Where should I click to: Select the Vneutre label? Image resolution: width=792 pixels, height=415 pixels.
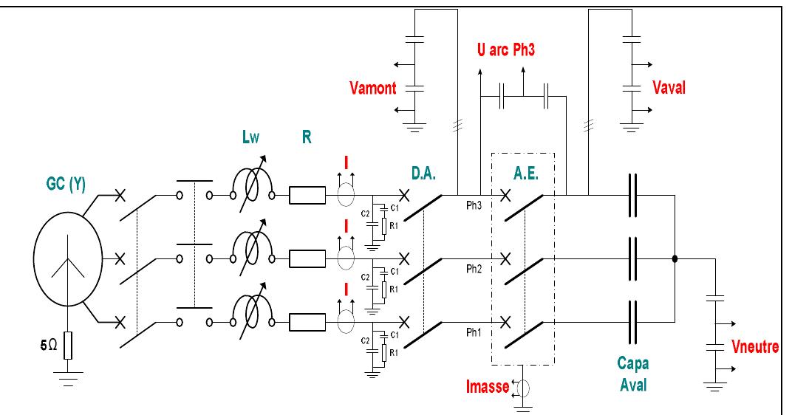(x=754, y=347)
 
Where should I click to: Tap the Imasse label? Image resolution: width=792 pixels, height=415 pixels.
(x=485, y=385)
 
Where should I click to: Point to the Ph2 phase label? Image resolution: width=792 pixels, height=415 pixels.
(x=473, y=270)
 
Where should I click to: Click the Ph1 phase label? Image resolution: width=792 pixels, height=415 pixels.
(x=473, y=332)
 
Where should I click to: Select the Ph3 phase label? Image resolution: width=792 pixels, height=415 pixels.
(x=473, y=207)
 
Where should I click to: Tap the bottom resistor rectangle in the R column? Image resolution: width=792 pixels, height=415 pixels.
(x=307, y=321)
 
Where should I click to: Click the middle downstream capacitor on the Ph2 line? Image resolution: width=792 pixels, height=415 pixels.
(x=631, y=258)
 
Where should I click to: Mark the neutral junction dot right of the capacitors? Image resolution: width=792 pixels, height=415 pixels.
(x=675, y=258)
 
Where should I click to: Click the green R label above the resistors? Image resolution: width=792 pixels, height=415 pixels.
(x=306, y=137)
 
